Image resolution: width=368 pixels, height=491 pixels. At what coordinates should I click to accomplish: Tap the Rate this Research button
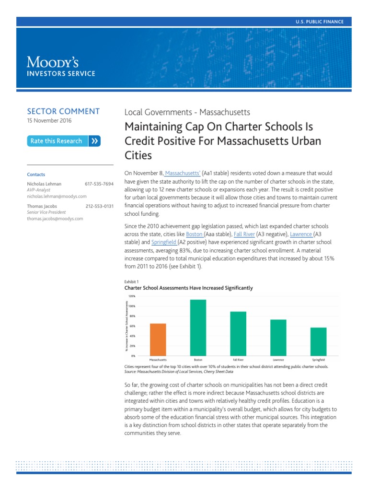[x=64, y=141]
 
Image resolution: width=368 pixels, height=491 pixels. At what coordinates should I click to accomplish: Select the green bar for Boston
[x=198, y=328]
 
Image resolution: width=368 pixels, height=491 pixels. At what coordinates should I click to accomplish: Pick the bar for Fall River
[x=238, y=334]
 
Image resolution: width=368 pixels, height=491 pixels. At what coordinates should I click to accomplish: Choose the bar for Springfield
[x=319, y=342]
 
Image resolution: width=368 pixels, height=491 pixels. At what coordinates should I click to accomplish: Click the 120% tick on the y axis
[x=132, y=296]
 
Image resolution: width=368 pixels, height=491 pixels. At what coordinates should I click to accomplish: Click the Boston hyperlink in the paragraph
[x=194, y=234]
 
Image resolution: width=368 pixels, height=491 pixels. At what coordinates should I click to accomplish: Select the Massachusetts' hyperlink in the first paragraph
[x=182, y=173]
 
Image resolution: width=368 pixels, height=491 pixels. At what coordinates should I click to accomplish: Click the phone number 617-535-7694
[x=99, y=184]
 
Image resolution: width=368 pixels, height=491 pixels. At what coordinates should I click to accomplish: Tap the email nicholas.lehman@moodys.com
[x=57, y=196]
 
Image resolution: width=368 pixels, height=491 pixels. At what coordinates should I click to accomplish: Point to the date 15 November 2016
[x=49, y=121]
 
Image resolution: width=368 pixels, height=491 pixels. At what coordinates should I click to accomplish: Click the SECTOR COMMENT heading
[x=63, y=111]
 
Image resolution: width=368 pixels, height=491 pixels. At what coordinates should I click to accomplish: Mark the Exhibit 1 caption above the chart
[x=131, y=281]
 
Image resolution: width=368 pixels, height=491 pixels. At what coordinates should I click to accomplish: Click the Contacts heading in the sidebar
[x=36, y=175]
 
